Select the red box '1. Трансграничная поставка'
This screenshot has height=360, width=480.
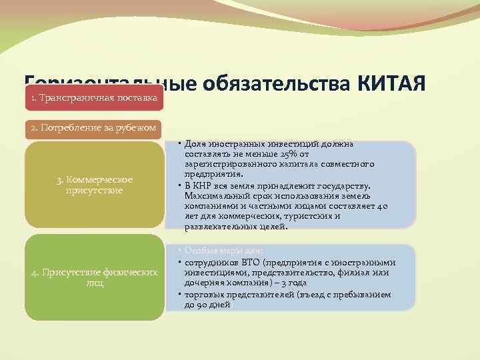pyautogui.click(x=94, y=98)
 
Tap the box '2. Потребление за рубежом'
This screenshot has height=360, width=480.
pyautogui.click(x=94, y=128)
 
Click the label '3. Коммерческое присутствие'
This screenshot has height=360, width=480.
pyautogui.click(x=95, y=185)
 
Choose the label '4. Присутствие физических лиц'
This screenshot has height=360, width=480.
pyautogui.click(x=95, y=277)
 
